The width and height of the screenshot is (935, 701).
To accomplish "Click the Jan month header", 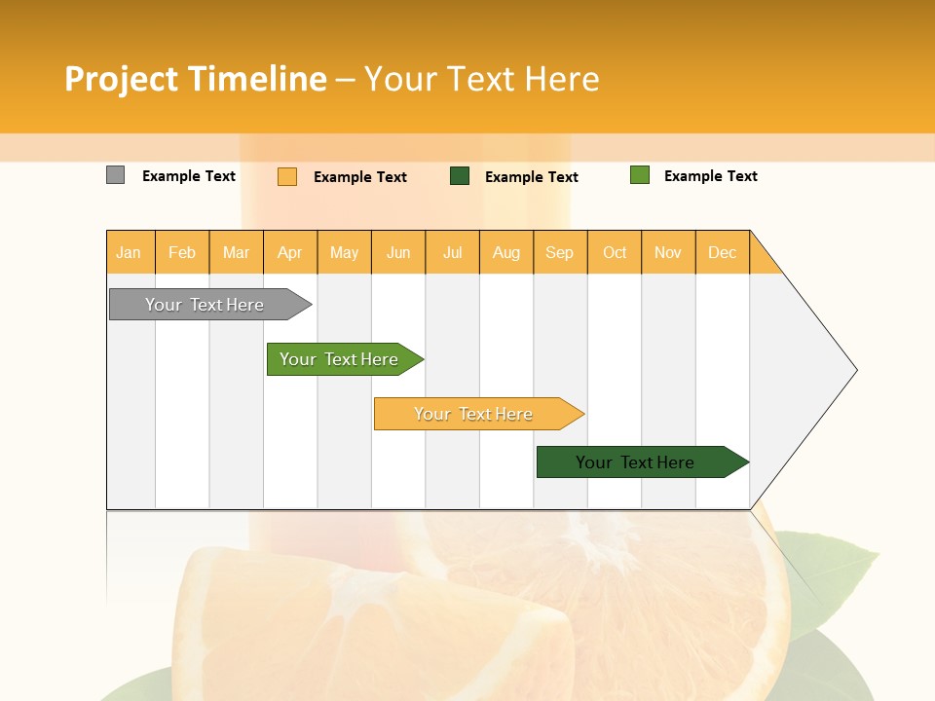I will coord(129,253).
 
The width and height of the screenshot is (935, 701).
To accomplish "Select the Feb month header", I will coord(182,253).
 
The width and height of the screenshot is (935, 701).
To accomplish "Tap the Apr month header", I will coord(290,253).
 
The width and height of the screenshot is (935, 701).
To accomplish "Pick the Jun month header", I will coord(398,253).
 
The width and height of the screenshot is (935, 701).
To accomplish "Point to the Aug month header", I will coord(506,253).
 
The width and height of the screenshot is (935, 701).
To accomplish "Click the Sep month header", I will coord(560,253).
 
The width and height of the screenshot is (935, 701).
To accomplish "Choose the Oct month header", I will coord(615,253).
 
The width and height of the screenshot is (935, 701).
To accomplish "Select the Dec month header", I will coord(723,253).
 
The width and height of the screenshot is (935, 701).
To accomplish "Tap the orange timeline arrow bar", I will coord(474,414).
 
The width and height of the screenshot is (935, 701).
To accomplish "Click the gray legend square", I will coord(116,175).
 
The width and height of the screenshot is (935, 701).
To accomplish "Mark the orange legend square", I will coord(287,176).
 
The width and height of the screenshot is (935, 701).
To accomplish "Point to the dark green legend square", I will coord(460,176).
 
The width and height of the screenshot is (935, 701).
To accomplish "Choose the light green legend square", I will coord(640,175).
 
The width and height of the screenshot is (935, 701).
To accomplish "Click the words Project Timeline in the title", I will coord(196,79).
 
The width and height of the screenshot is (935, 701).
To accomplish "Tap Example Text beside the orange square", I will coord(360,177).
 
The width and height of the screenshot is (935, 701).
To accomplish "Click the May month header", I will coord(344,253).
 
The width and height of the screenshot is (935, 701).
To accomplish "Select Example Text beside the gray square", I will coord(189,176).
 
